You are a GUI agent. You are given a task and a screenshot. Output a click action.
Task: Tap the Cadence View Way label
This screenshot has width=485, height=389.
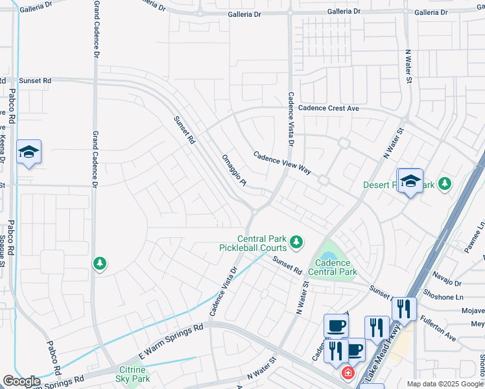click(x=282, y=163)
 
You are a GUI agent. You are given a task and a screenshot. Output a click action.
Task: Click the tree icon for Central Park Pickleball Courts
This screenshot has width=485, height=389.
click(x=296, y=242)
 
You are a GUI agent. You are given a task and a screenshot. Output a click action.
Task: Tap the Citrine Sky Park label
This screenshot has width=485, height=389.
click(x=133, y=374)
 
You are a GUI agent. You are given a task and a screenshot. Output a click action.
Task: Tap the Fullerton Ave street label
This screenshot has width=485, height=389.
click(x=437, y=328)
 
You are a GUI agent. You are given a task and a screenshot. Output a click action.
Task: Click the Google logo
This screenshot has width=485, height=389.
click(x=21, y=381)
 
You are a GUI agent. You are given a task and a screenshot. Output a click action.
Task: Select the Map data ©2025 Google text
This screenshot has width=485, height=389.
click(x=444, y=384)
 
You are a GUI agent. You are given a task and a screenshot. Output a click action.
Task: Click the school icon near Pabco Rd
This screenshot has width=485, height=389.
click(x=29, y=152)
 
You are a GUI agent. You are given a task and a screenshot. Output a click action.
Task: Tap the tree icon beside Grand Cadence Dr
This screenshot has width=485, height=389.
click(x=99, y=263)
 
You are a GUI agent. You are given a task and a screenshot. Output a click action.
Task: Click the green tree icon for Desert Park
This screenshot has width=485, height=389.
click(x=444, y=184)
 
